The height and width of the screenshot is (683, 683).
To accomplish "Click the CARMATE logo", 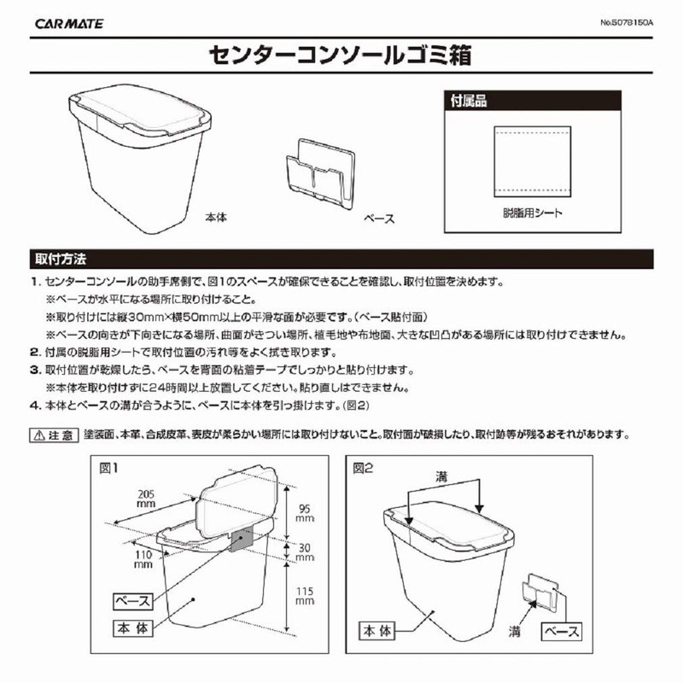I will tap(69, 23).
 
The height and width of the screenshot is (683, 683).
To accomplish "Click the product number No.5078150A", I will tap(621, 23).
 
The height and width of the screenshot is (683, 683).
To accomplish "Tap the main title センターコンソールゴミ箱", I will tap(340, 57).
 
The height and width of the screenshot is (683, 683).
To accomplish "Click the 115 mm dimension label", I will tap(304, 594).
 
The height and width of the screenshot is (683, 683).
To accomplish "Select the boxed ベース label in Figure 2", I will tap(562, 632).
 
